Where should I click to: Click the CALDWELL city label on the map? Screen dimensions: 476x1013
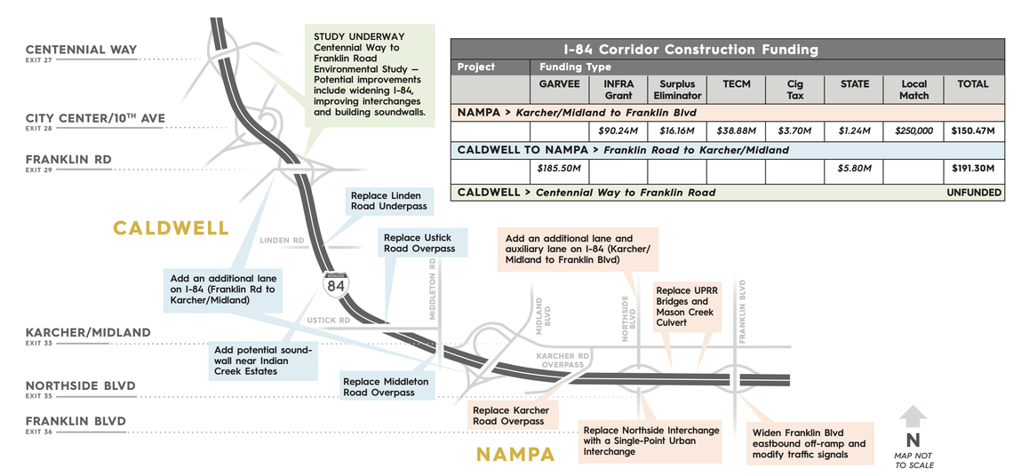(171, 228)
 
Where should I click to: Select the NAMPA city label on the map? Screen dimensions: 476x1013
(515, 455)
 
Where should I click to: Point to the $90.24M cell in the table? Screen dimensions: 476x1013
(618, 131)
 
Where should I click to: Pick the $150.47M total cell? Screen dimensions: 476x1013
(972, 131)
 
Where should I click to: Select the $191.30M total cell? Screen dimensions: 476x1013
(972, 167)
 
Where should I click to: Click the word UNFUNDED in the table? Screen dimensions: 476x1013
(974, 192)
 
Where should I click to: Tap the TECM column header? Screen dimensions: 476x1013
(737, 84)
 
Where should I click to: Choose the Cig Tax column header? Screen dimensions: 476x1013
(794, 90)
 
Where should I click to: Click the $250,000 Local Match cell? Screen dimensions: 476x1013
(913, 131)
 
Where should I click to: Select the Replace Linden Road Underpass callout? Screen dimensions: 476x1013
(388, 201)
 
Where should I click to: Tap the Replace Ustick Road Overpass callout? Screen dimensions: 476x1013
(419, 243)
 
